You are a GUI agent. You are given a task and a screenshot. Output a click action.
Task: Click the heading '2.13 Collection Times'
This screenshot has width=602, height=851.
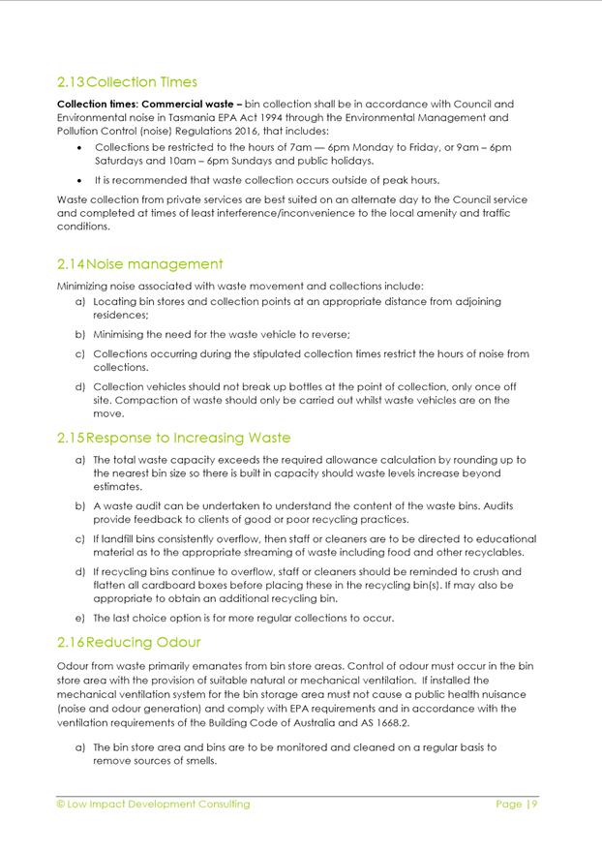127,82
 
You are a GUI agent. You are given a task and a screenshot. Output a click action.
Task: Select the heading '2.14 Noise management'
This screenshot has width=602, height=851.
139,264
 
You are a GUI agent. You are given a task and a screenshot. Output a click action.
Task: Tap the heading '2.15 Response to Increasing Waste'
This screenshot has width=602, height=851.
173,439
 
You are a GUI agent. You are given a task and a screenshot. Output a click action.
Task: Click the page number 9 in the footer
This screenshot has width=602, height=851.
533,804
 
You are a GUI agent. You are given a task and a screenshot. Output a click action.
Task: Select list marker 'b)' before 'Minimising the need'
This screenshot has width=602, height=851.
80,334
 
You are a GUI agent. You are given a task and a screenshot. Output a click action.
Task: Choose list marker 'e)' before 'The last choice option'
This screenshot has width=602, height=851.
80,618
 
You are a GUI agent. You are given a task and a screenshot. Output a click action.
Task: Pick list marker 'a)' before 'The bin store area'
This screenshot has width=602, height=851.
80,747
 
